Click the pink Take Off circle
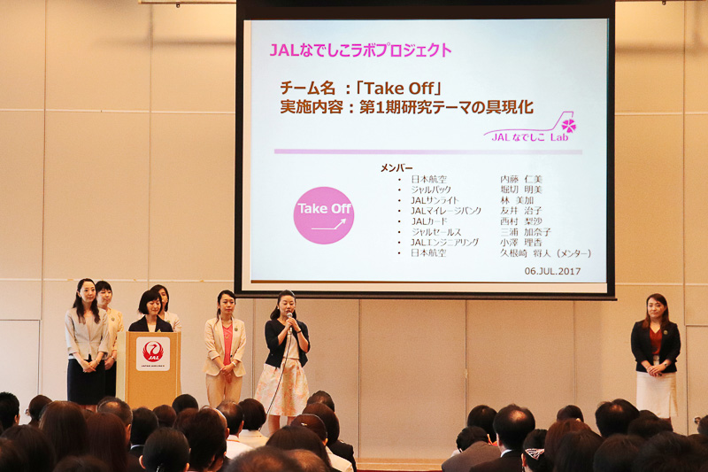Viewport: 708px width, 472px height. [x=323, y=215]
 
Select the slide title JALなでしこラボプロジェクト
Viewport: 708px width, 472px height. [x=360, y=50]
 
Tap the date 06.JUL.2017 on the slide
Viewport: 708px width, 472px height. [x=552, y=271]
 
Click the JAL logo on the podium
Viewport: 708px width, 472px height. [x=152, y=352]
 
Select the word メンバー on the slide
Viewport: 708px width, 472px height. [x=396, y=167]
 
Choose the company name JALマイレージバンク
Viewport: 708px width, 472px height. [x=446, y=211]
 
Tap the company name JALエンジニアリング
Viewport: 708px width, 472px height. [x=444, y=242]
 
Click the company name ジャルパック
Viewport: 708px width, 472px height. [x=432, y=190]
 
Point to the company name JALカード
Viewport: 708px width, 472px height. [x=431, y=221]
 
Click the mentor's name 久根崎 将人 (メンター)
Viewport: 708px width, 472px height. [x=545, y=252]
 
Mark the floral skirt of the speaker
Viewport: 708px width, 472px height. [x=281, y=388]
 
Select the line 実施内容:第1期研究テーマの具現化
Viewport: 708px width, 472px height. [x=406, y=107]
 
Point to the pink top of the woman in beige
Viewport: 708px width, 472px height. [x=227, y=342]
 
